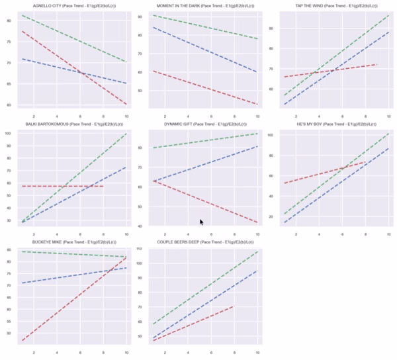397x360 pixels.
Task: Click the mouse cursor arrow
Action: click(202, 223)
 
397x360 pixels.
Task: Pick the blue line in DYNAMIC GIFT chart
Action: click(212, 161)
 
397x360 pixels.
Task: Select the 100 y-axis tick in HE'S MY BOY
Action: click(278, 135)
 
